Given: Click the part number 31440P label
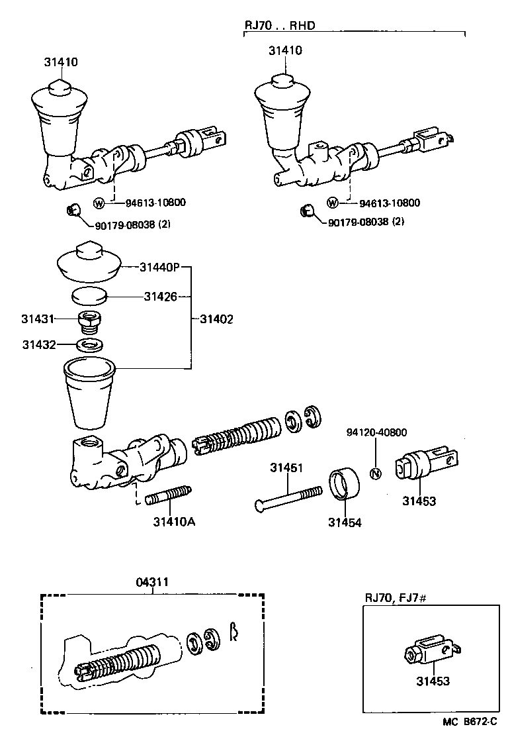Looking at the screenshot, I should (x=159, y=268).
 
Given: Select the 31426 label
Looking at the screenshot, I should (x=161, y=297).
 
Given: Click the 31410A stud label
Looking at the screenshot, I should (x=174, y=521).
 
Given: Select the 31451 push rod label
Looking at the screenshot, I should (x=286, y=468).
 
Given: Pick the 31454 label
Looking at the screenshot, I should (x=345, y=522).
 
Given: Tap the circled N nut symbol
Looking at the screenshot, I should (x=376, y=473).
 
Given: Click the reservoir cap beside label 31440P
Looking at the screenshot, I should (x=88, y=262).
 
